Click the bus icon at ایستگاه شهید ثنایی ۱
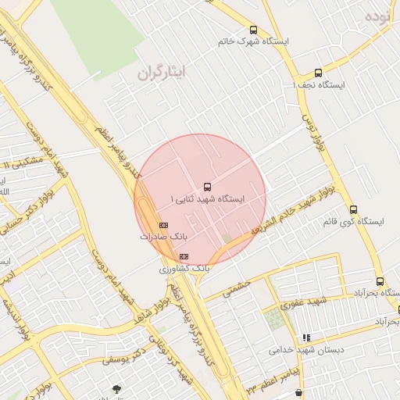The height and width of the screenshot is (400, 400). pos(207,187)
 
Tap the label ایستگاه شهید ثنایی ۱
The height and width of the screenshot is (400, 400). pos(208,199)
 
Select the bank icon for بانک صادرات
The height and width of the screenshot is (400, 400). pos(163,225)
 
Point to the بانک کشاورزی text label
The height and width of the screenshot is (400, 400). pos(184,268)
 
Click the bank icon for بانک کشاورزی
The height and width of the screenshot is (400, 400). pos(184,256)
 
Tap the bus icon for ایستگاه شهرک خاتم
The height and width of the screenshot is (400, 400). pos(252,29)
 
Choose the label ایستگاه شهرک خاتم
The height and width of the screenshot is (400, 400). pos(253,41)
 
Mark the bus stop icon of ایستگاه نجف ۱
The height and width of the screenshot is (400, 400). pos(317,73)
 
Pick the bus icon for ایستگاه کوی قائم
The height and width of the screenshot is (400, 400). pos(353,209)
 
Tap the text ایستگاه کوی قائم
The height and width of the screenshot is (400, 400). pos(353,222)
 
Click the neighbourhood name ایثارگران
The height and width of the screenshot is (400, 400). pos(164,73)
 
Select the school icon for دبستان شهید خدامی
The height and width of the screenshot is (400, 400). pos(307,338)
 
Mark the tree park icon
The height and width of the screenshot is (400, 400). pos(116,388)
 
